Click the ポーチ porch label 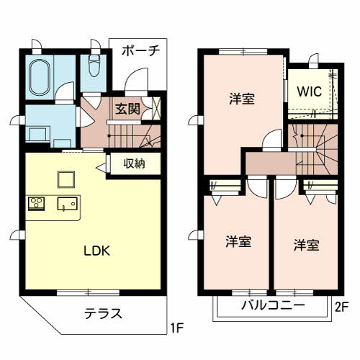141,51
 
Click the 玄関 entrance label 127,109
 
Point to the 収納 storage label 134,163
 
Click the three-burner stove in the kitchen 36,204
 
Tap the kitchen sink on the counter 68,204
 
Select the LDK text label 96,251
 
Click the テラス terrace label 104,314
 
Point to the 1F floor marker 177,328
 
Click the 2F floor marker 341,307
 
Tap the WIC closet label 310,91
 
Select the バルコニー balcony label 273,305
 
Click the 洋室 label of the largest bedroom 242,99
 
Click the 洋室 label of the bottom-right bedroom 307,245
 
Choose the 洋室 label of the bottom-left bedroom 238,241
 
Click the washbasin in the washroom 37,135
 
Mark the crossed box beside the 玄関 156,108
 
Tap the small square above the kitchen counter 66,179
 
